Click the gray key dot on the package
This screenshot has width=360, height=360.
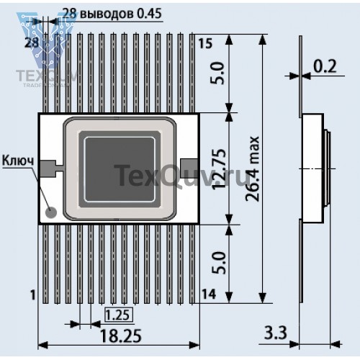point(51,212)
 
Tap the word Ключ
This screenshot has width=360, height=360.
point(18,161)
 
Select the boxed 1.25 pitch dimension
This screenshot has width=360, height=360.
point(119,315)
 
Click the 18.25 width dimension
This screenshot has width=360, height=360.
point(120,336)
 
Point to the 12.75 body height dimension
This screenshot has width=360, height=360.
point(220,168)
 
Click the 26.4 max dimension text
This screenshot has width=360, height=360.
point(253,168)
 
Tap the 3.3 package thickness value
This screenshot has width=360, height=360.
point(276,333)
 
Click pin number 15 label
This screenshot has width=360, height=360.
point(205,44)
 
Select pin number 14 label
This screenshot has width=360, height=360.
point(208,294)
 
